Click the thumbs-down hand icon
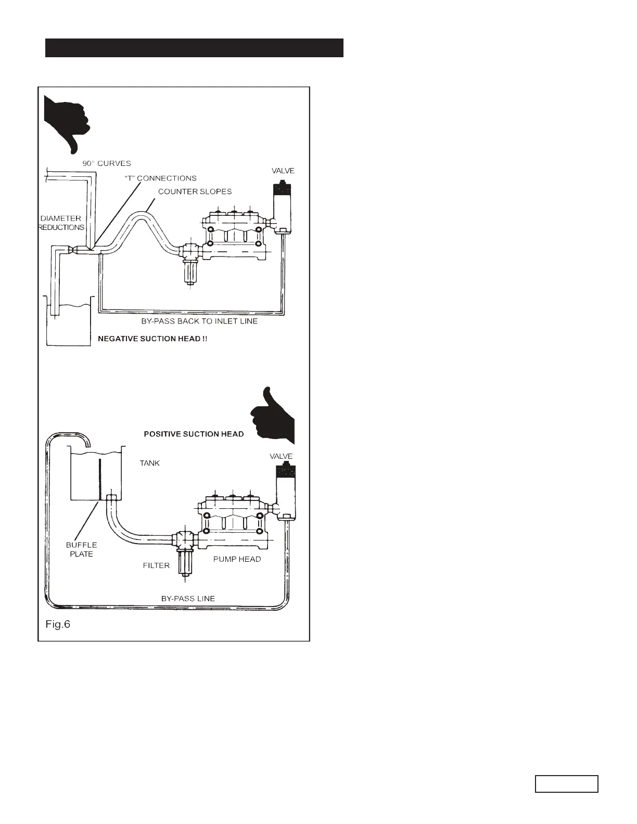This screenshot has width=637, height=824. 67,122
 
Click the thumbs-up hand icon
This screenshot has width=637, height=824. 273,416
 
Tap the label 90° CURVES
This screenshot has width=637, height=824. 107,163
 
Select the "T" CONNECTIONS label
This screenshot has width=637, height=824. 161,178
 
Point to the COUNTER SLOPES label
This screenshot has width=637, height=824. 195,191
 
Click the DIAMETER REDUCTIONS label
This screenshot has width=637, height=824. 62,223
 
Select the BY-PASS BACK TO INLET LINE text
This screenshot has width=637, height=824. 199,321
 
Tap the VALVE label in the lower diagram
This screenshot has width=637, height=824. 281,456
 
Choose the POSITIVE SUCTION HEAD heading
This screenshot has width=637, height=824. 194,434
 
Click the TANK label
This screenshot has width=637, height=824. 150,463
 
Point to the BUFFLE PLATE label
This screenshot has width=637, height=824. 81,549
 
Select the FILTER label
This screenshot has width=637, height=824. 156,565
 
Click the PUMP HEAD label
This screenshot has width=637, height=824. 237,559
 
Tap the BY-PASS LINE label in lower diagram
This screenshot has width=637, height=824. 188,598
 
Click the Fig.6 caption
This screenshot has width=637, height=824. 58,624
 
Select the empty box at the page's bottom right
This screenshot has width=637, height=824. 566,783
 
